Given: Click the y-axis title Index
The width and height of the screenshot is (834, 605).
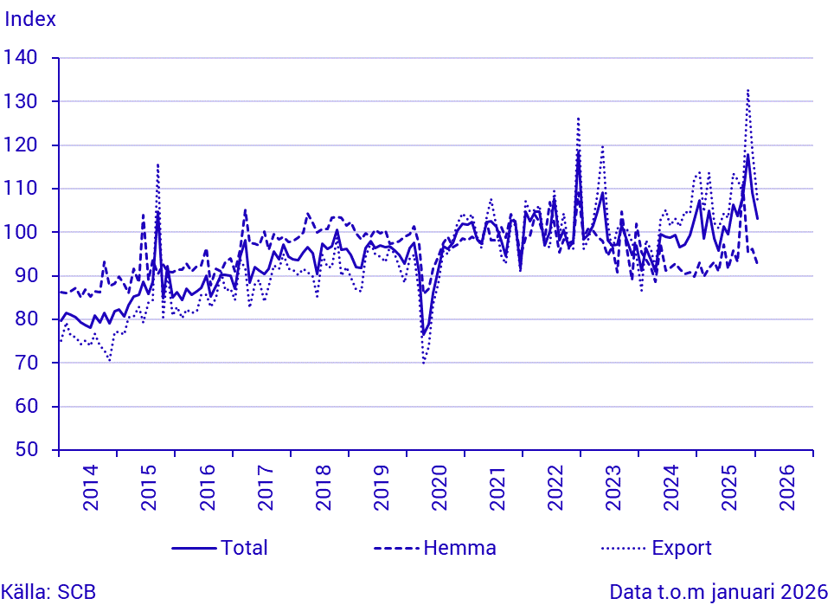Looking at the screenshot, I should click(31, 19).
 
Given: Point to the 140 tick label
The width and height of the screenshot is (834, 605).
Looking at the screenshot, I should click(22, 58).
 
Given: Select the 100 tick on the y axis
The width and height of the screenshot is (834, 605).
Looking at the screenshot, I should click(22, 232).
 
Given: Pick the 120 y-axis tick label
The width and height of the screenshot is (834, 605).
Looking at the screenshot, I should click(22, 145).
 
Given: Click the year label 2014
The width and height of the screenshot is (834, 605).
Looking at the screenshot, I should click(90, 490).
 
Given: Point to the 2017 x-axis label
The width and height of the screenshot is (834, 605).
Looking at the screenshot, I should click(265, 490).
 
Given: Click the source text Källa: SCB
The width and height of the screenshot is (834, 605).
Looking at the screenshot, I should click(48, 593).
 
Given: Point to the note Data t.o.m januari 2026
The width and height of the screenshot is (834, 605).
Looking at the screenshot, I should click(719, 593).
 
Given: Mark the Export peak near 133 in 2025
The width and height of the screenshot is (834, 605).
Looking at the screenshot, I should click(747, 90).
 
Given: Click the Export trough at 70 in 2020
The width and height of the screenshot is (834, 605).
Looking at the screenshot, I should click(424, 363).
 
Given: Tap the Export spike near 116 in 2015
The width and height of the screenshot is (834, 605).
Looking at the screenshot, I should click(158, 164).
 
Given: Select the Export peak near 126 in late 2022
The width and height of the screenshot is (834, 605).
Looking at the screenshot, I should click(578, 119).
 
